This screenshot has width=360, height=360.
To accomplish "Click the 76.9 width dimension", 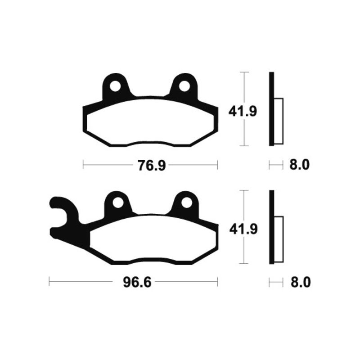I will coord(150,166).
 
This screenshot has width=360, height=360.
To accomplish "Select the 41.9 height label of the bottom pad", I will coord(243,229).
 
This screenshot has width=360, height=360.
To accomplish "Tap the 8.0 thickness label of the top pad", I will coord(299,166).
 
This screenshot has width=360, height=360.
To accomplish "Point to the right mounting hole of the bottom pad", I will coord(184,203).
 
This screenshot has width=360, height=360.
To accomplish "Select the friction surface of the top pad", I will coord(150,121).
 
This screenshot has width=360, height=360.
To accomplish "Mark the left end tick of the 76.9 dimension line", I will coord(83,166).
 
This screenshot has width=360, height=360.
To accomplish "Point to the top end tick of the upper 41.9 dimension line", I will coord(243,72).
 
